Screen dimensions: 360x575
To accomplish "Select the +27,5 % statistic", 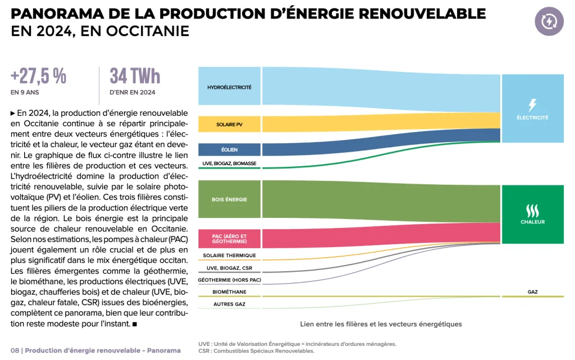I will (x=39, y=76).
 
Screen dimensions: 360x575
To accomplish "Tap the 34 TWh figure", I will (x=135, y=76).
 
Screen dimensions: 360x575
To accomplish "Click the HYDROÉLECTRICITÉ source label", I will (x=229, y=87).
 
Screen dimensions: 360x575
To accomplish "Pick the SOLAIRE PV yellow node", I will (x=229, y=124).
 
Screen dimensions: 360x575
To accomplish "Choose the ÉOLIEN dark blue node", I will (x=229, y=150).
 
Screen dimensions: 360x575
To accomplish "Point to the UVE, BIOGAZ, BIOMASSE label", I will (x=229, y=163).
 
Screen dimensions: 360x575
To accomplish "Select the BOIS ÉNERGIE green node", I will (x=229, y=199).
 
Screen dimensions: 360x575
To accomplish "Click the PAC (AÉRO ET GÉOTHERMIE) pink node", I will (x=229, y=239).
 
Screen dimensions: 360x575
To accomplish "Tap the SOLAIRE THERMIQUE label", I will (x=229, y=256).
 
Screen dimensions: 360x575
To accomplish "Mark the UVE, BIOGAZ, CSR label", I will (x=229, y=268).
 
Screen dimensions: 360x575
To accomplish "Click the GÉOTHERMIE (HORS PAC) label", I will (x=229, y=280).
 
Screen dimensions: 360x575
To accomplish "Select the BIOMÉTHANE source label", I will (x=229, y=292).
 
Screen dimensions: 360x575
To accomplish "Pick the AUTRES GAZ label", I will (x=229, y=304).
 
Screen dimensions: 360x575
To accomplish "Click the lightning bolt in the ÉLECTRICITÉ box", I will (x=532, y=105).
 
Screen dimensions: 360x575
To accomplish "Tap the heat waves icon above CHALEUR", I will (x=532, y=211).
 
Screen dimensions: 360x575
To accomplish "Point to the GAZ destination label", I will (x=532, y=292).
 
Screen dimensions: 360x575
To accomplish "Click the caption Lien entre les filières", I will (x=381, y=324).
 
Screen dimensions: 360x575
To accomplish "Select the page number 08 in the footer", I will (x=15, y=350).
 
